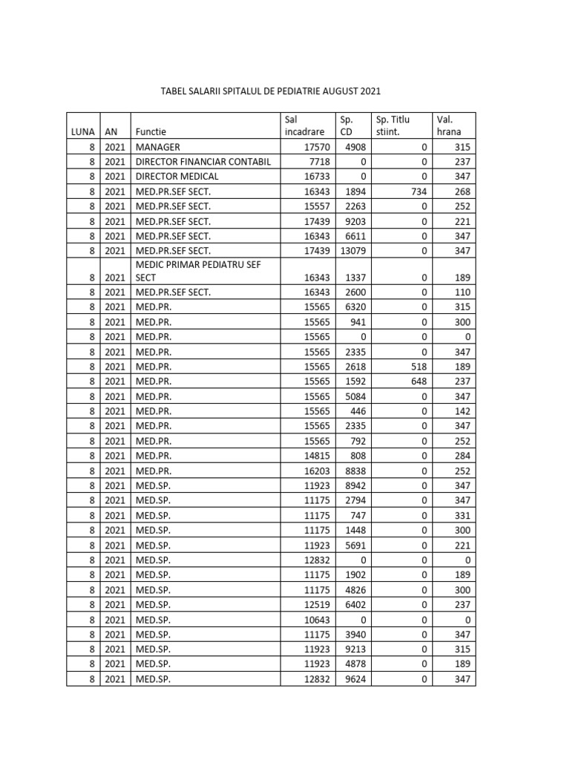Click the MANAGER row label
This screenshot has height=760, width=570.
click(157, 147)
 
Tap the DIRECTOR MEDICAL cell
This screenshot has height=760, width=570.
click(177, 177)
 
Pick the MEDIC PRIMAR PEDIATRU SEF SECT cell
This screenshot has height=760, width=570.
click(197, 270)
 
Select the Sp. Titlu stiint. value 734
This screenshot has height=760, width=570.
click(418, 191)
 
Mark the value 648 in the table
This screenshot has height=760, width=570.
click(418, 381)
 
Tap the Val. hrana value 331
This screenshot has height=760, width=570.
click(462, 515)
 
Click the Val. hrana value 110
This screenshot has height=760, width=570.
click(462, 292)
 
